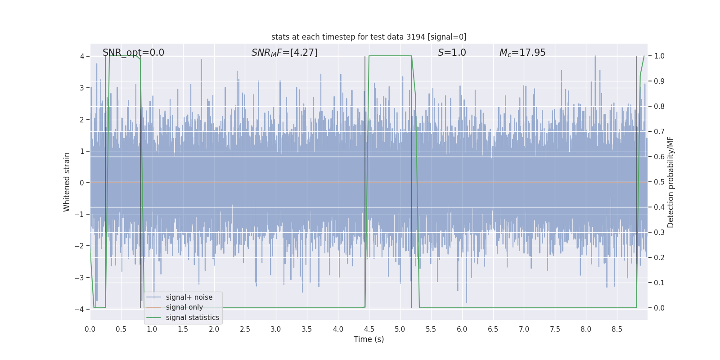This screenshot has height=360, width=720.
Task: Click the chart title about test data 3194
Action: coord(369,37)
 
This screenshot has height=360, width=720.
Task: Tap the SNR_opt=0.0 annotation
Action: coord(133,53)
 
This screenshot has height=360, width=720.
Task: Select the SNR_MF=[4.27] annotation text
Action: coord(284,53)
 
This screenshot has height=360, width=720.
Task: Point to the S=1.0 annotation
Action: coord(452,53)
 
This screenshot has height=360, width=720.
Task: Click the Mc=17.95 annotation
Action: coord(522,53)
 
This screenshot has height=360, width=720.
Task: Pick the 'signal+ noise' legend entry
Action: coord(189,297)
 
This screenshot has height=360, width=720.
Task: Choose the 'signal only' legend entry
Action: coord(184,307)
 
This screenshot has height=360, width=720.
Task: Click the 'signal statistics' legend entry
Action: coord(192,318)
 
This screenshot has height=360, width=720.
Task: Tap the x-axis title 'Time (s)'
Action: coord(369,339)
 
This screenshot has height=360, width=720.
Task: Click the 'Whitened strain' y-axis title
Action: coord(67,182)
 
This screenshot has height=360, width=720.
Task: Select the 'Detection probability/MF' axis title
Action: coord(670,182)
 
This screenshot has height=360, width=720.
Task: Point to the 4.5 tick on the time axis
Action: coord(369,329)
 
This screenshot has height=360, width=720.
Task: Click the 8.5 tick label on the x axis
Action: coord(617,329)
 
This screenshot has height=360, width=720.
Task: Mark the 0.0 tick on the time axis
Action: coord(90,329)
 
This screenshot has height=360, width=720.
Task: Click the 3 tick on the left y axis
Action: coord(82,88)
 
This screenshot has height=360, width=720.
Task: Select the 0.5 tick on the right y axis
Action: coord(659,182)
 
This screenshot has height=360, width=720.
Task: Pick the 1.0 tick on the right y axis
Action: coord(659,56)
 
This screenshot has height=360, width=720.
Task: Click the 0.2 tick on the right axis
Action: coord(659,258)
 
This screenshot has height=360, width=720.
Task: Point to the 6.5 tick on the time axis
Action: coord(493,329)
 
